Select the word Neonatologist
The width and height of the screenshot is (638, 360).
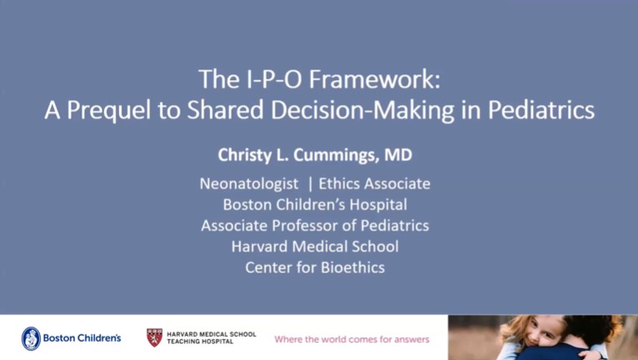[247, 183]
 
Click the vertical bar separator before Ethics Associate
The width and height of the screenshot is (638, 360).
[310, 183]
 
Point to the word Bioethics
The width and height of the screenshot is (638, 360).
[349, 267]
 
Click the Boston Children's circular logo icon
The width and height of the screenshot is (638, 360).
[31, 337]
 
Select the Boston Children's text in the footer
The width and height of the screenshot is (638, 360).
[82, 338]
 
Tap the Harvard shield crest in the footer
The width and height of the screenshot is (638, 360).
[154, 337]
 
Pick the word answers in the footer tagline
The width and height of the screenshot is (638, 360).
[409, 339]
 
